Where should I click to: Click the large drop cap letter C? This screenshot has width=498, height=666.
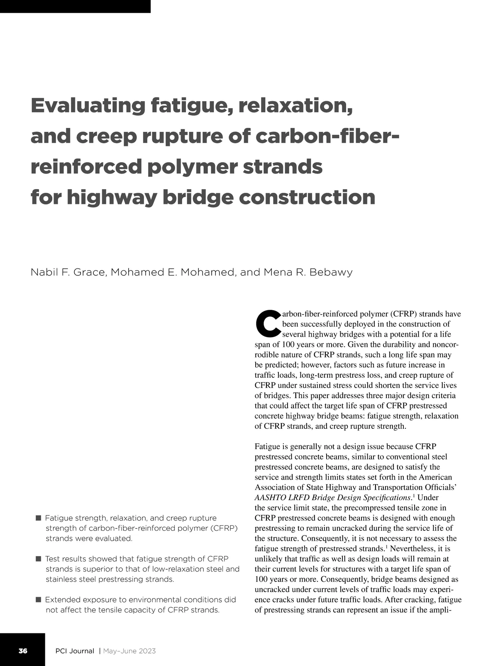coord(268,324)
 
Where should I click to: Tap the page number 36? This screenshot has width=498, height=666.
coord(23,651)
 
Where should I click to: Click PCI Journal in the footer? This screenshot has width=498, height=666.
coord(75,651)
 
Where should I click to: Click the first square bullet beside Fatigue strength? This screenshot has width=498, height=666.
coord(39,518)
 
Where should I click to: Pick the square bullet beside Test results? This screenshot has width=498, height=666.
coord(39,559)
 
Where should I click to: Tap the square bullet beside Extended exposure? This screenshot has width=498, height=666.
coord(39,599)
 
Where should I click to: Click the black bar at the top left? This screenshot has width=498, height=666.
coord(75,6)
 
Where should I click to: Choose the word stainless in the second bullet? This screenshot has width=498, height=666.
coord(61,579)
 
